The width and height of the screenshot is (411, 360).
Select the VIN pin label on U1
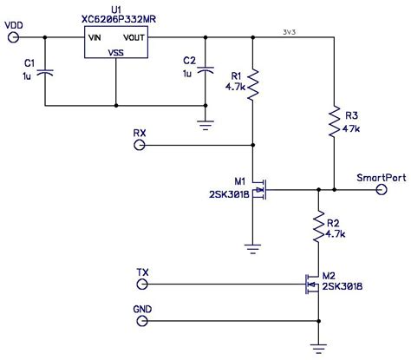pyautogui.click(x=95, y=37)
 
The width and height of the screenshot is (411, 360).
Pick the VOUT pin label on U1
pyautogui.click(x=134, y=37)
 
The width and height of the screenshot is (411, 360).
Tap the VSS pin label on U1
pyautogui.click(x=115, y=52)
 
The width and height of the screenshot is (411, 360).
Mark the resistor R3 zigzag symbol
pyautogui.click(x=334, y=124)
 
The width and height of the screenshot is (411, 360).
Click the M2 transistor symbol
pyautogui.click(x=312, y=283)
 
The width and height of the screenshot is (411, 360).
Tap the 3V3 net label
pyautogui.click(x=291, y=32)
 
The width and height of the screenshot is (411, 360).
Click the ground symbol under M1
pyautogui.click(x=253, y=246)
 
